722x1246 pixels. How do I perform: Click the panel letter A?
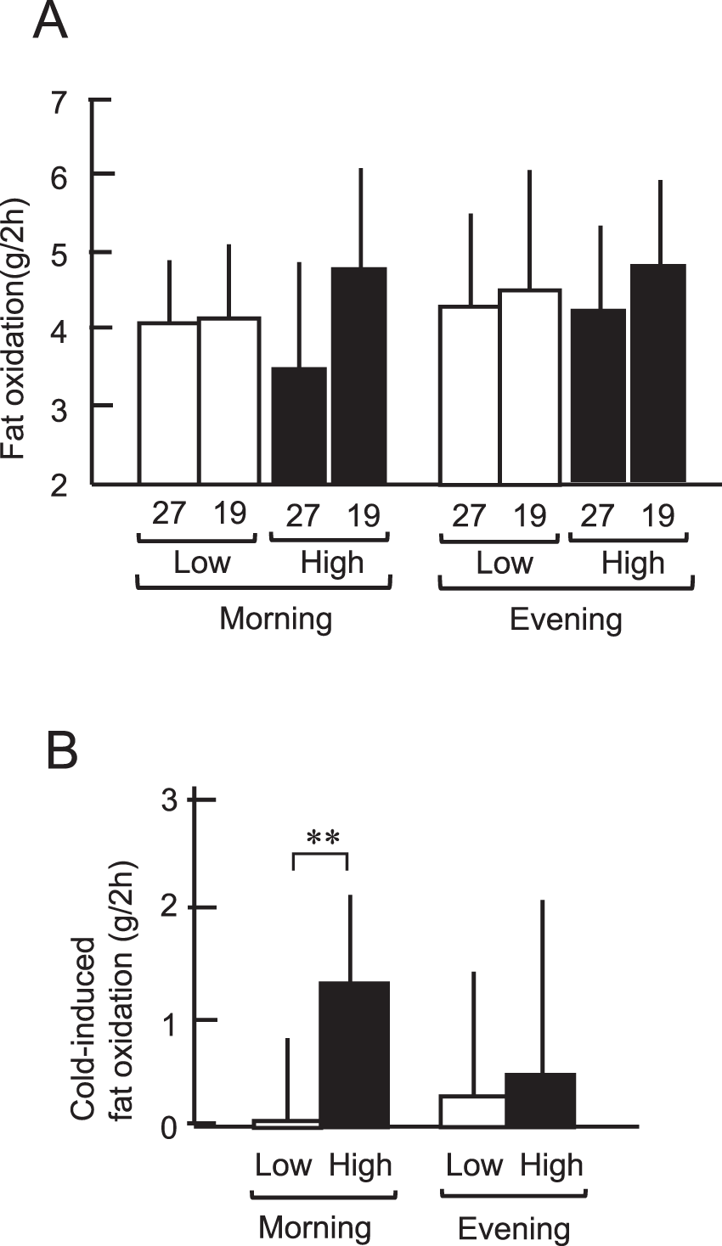tap(50, 21)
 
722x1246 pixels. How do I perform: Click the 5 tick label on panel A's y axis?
tap(59, 253)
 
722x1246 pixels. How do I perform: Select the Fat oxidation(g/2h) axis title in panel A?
tap(14, 328)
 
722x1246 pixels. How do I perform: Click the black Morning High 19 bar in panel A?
tap(359, 375)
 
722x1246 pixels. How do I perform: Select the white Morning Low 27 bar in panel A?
tap(168, 402)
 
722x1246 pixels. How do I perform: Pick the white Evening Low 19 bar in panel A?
tap(530, 386)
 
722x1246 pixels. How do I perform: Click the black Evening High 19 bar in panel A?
tap(658, 373)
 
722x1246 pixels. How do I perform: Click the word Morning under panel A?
tap(275, 619)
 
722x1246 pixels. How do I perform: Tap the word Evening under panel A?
tap(566, 620)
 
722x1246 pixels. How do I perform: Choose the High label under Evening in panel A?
tap(633, 564)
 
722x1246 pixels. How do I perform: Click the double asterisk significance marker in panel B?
tap(323, 839)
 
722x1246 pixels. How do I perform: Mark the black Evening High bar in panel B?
tap(541, 1100)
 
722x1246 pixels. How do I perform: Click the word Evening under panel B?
tap(514, 1228)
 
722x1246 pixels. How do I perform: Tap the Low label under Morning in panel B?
tap(283, 1165)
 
